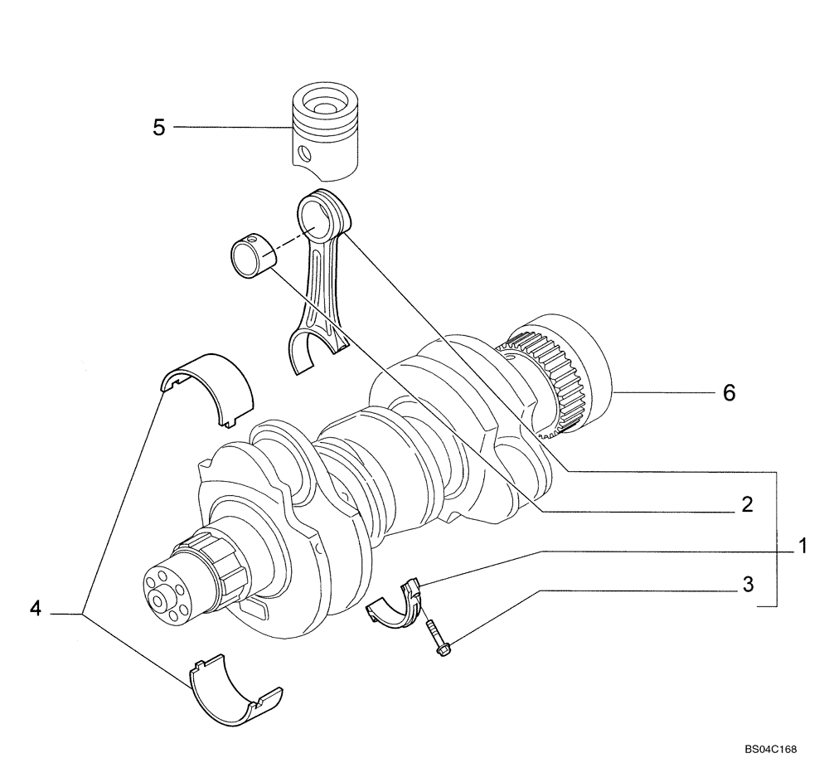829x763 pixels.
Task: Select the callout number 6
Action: click(729, 392)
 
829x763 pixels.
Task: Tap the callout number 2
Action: click(746, 504)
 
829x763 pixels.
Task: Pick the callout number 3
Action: click(747, 585)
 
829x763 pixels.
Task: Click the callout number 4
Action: click(35, 609)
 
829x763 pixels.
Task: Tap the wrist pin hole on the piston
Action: click(305, 153)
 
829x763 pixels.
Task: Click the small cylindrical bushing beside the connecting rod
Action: click(250, 256)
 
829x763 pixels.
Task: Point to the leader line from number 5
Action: click(232, 127)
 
